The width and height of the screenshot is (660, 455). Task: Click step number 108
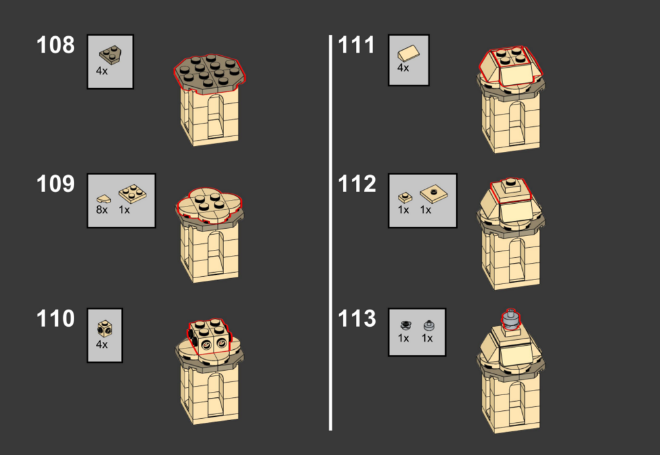56,45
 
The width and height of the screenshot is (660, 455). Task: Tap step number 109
56,184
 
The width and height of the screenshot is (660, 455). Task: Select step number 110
56,319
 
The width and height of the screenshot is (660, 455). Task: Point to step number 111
356,45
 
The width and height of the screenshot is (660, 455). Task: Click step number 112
357,184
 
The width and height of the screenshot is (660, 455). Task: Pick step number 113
357,319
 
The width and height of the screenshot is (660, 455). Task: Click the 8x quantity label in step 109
102,210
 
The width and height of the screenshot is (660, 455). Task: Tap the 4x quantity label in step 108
102,71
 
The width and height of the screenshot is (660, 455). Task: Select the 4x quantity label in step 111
403,68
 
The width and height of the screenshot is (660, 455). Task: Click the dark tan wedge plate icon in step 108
110,55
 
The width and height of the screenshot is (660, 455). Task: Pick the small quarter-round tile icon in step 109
104,199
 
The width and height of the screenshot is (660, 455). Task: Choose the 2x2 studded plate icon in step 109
133,193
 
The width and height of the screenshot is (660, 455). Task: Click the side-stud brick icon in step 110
105,329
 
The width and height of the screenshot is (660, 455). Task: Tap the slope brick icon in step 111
408,54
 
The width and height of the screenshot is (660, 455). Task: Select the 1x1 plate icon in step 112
405,197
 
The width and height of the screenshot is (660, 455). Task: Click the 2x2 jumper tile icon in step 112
433,194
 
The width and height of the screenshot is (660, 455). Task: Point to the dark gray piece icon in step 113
405,325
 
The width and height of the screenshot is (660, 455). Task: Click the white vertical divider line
330,233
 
